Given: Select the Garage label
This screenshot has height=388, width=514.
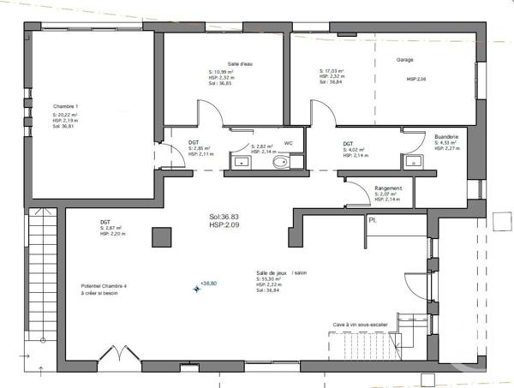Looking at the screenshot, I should (405, 60).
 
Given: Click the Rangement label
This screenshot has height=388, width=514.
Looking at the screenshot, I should (389, 188).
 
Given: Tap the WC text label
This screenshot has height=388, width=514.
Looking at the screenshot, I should (289, 143).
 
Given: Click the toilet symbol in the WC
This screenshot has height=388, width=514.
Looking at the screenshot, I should (279, 162).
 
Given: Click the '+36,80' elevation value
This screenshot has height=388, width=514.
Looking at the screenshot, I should (208, 283).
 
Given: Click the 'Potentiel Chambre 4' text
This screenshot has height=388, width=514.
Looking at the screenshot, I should (104, 286).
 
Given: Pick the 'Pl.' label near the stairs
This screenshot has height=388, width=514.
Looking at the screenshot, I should (373, 220).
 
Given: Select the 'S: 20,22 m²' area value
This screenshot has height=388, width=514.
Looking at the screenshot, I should (65, 114).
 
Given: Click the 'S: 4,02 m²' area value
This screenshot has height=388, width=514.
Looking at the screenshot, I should (356, 150).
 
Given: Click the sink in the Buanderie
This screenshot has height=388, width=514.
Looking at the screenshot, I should (413, 160).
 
